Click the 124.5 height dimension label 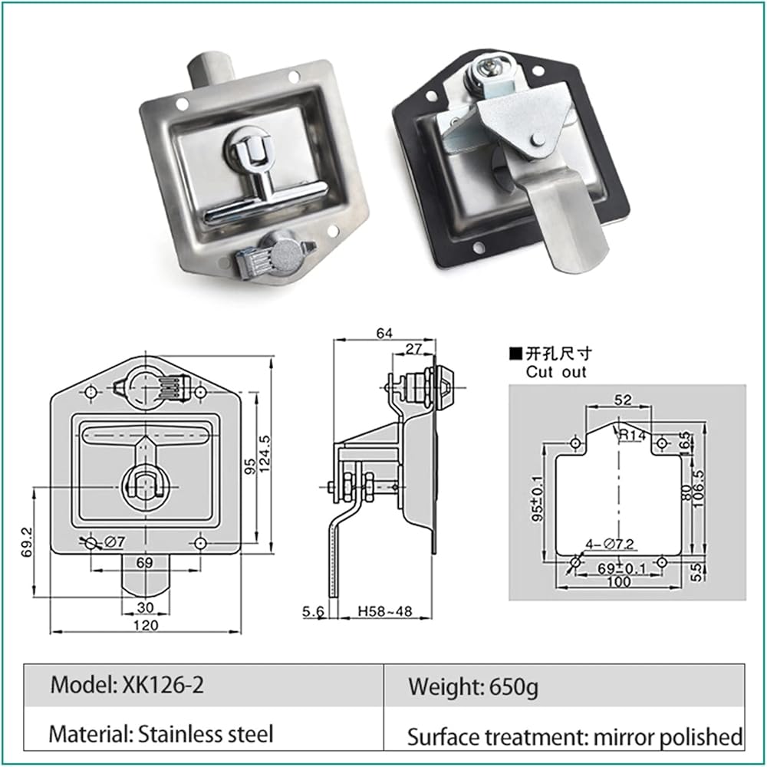point(264,453)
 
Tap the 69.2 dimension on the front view point(27,542)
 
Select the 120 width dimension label point(146,625)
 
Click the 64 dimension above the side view point(384,333)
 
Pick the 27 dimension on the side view point(414,349)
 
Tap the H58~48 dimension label point(385,611)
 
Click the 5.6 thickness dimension point(313,611)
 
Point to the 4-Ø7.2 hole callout point(610,544)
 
